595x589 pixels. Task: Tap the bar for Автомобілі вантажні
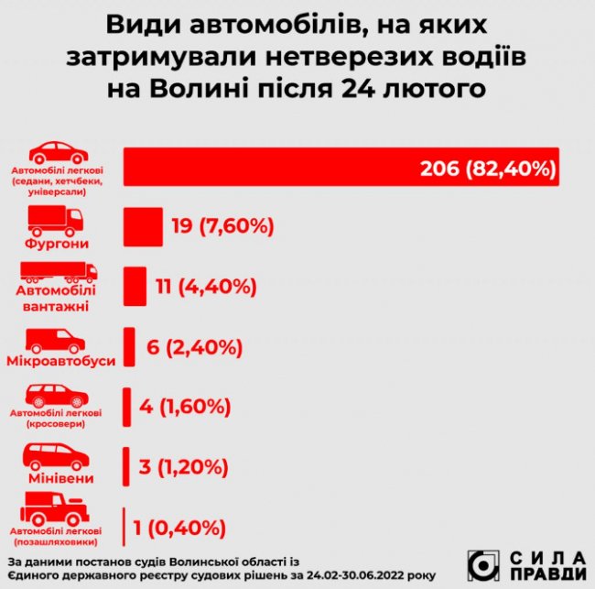[x=134, y=286]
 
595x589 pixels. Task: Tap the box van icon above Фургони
[x=56, y=217]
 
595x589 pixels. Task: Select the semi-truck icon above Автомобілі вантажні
[x=59, y=271]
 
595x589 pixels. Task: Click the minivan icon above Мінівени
[x=56, y=456]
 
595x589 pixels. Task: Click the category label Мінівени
[x=58, y=478]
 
